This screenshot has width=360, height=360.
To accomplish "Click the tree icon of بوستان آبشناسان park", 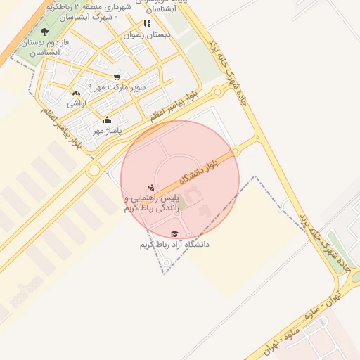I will click(45, 32).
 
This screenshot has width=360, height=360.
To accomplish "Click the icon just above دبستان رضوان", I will click(147, 24).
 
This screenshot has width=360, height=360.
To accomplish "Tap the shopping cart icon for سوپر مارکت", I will click(117, 77).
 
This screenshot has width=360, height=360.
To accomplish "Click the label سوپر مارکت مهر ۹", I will click(118, 87).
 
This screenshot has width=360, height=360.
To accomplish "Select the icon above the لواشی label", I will click(76, 94).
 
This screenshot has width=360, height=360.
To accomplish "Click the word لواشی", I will click(76, 103).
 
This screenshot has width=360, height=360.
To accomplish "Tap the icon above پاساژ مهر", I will click(107, 120).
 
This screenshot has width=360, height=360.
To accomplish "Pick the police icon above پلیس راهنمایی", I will click(153, 187).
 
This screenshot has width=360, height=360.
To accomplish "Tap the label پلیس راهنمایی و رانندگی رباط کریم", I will click(152, 204).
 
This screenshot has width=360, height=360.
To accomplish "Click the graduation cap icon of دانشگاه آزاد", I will click(174, 233).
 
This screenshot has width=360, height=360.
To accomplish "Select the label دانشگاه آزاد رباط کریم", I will click(174, 244).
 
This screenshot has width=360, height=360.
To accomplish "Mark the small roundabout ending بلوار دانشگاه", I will click(238, 150).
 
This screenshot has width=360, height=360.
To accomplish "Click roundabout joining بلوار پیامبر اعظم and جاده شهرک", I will click(219, 91).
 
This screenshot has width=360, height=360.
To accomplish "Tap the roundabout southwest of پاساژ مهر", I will click(94, 170).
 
